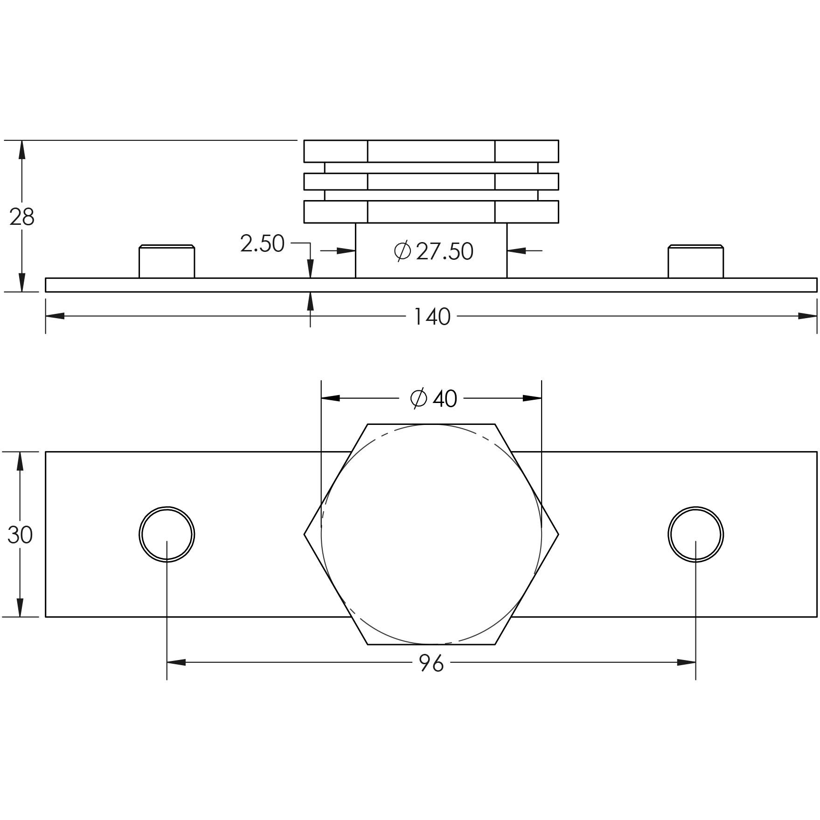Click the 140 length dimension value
coord(432,317)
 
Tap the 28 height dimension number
coord(21,217)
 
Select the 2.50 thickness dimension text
coord(262,243)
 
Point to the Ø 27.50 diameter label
coord(433,251)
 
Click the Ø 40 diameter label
coord(433,399)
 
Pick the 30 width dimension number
coord(20,535)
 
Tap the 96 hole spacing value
coord(431,663)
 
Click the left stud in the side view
coord(167,261)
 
